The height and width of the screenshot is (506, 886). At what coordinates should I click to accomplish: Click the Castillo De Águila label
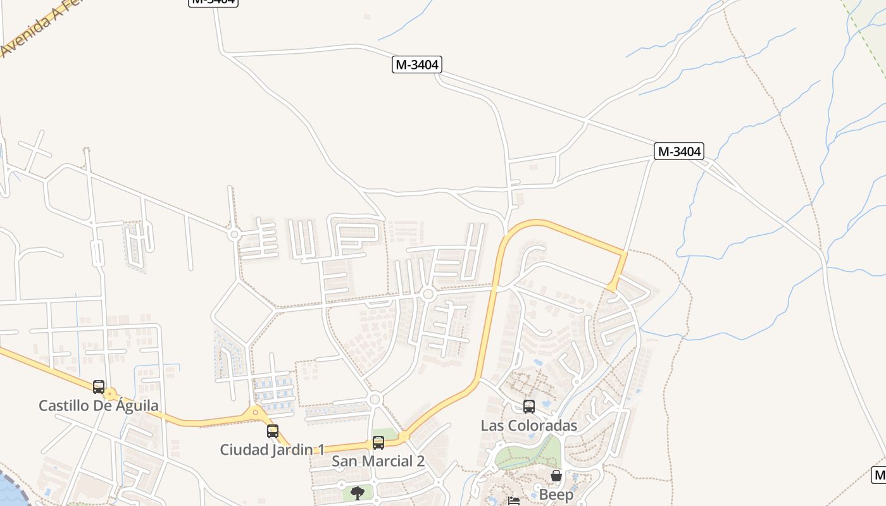coord(99,405)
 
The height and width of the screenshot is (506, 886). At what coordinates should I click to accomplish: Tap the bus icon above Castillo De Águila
coord(99,386)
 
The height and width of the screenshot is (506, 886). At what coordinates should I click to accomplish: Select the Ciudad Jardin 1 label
coord(272,450)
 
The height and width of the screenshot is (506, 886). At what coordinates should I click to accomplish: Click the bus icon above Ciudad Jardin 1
coord(273,431)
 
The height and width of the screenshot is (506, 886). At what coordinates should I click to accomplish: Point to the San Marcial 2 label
coord(378,461)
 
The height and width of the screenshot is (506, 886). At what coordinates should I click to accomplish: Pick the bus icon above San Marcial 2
coord(378,443)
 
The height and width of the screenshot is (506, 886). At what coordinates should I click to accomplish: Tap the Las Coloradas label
coord(529,425)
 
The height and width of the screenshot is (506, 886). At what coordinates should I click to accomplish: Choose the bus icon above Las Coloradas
coord(529,407)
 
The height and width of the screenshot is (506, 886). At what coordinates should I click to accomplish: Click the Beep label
coord(556,494)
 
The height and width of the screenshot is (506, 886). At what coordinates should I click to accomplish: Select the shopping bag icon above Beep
coord(556,476)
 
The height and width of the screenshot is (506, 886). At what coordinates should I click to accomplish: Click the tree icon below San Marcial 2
coord(358,493)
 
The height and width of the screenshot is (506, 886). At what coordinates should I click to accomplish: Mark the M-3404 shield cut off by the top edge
coord(213,2)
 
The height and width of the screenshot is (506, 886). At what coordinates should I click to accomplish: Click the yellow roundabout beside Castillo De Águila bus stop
coord(111,394)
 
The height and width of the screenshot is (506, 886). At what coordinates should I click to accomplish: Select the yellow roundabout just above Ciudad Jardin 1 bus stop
coord(256,413)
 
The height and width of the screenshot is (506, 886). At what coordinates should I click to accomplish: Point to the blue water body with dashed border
coord(9,490)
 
